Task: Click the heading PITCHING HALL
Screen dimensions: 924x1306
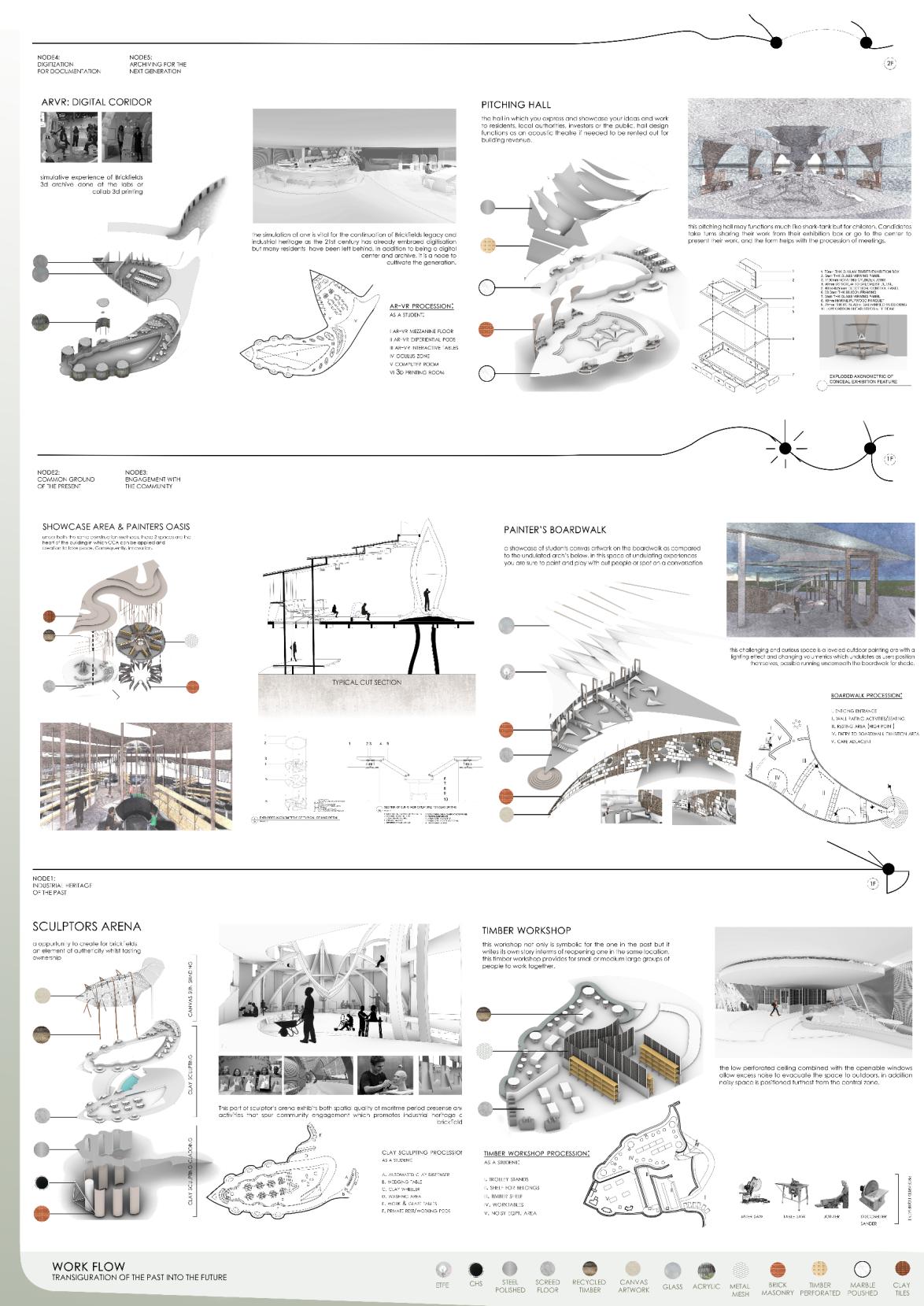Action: (x=516, y=105)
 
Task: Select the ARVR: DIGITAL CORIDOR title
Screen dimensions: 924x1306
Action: (x=96, y=102)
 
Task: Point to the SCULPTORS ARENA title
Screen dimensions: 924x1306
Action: (x=87, y=927)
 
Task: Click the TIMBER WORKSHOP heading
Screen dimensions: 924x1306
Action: (x=527, y=930)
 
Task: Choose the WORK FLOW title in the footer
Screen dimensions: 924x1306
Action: (x=88, y=1267)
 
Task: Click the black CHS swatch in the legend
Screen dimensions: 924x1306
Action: (x=475, y=1269)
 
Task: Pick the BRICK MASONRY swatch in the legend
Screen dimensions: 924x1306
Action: (x=778, y=1269)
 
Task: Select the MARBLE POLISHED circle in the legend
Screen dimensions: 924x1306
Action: (x=863, y=1269)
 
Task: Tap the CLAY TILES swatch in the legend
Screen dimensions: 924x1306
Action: (x=902, y=1268)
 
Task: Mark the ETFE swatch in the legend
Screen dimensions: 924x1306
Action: (x=443, y=1269)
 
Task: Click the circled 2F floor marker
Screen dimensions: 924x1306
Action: (x=890, y=65)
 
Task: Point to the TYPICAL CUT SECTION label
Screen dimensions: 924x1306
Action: (x=366, y=683)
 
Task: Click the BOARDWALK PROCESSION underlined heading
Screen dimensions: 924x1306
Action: (x=866, y=696)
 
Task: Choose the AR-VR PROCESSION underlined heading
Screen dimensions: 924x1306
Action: (x=421, y=306)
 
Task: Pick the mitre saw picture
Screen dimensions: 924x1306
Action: (x=755, y=1195)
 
